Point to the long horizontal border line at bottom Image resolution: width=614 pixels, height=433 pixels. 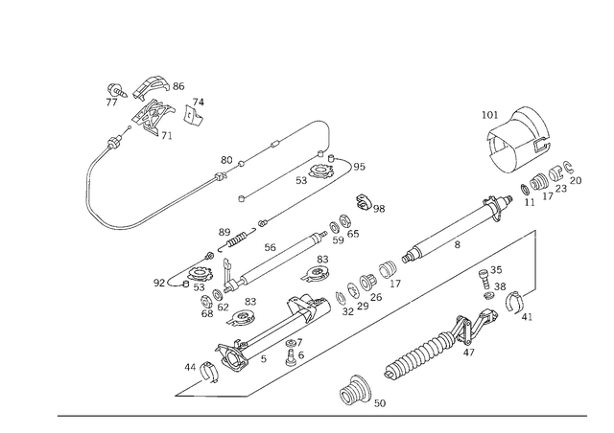(x=321, y=415)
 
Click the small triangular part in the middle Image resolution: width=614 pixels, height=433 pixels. (x=314, y=271)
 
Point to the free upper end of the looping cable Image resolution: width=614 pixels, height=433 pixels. (x=319, y=123)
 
